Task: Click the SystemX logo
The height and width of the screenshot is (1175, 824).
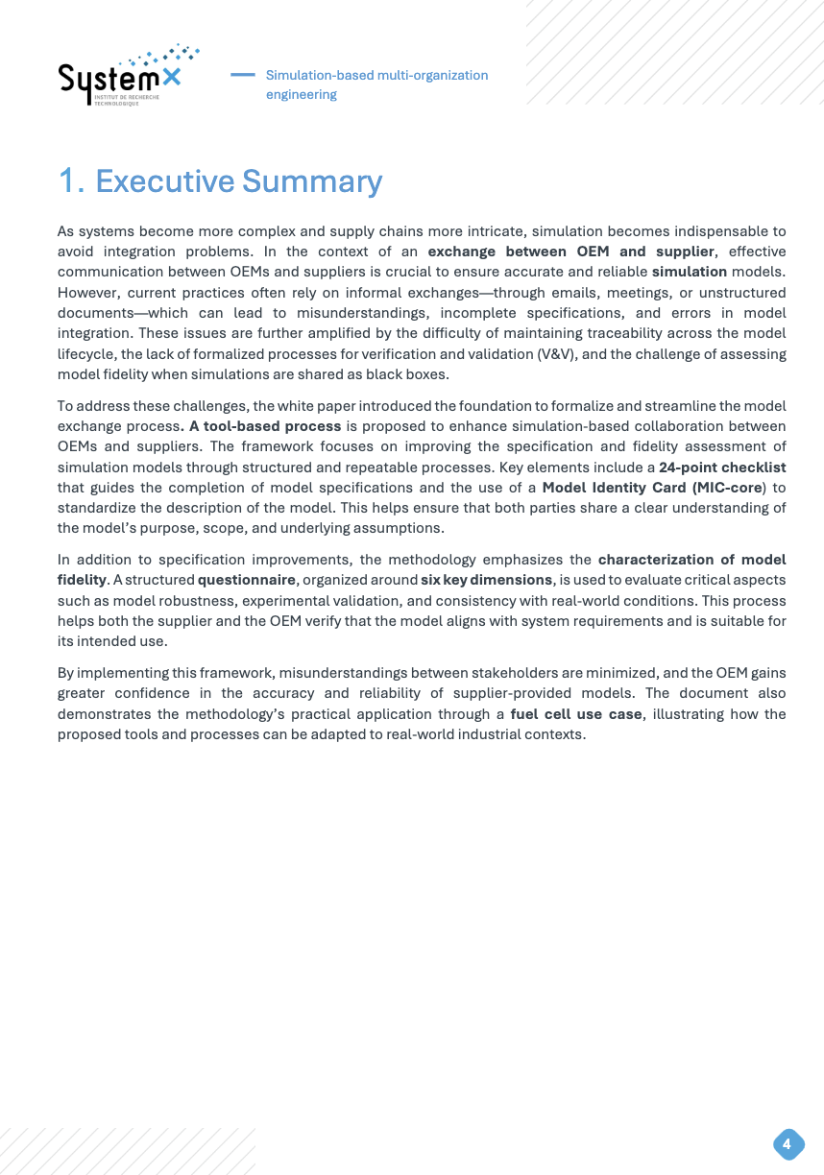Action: (127, 78)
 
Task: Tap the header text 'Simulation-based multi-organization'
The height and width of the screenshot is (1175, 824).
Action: (376, 75)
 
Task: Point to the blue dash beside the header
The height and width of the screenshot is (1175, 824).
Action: (243, 74)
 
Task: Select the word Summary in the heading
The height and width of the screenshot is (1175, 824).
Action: (311, 181)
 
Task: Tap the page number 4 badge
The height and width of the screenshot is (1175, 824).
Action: (788, 1144)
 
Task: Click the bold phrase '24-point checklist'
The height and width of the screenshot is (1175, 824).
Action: (722, 468)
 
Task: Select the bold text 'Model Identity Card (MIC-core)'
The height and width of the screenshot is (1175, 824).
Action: (652, 487)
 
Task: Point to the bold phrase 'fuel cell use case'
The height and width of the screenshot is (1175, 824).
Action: (575, 714)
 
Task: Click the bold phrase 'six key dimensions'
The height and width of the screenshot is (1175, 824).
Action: (487, 580)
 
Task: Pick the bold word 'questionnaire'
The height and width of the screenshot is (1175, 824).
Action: (247, 580)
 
